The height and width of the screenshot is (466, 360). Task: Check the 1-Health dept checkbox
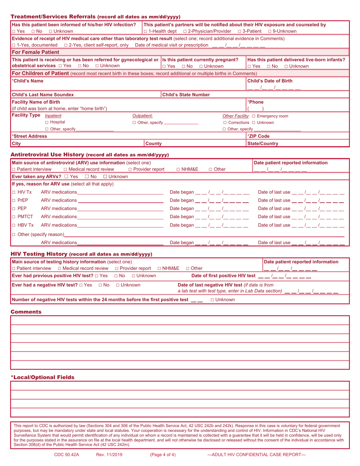tap(146, 31)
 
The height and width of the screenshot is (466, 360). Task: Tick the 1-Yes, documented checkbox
tap(14, 45)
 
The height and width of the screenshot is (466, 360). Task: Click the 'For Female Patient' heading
tap(36, 52)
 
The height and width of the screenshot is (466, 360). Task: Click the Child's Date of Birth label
tap(269, 81)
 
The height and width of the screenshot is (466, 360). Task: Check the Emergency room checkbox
tap(254, 116)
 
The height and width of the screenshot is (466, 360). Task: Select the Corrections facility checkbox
tap(225, 123)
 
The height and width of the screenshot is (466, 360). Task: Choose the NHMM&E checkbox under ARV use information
tap(178, 169)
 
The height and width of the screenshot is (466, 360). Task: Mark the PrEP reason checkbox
tap(14, 200)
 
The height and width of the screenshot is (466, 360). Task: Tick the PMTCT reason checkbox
tap(14, 217)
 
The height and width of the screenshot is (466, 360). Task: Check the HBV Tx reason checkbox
tap(14, 225)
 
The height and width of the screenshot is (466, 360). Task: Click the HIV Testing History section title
tap(39, 254)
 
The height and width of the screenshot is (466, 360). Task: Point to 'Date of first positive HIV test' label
tap(223, 276)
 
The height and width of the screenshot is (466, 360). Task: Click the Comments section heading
tap(26, 312)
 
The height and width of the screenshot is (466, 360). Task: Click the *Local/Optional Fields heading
tap(42, 377)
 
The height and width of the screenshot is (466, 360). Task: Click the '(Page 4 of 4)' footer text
tap(163, 455)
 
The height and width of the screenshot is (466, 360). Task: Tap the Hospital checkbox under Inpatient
tap(47, 122)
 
